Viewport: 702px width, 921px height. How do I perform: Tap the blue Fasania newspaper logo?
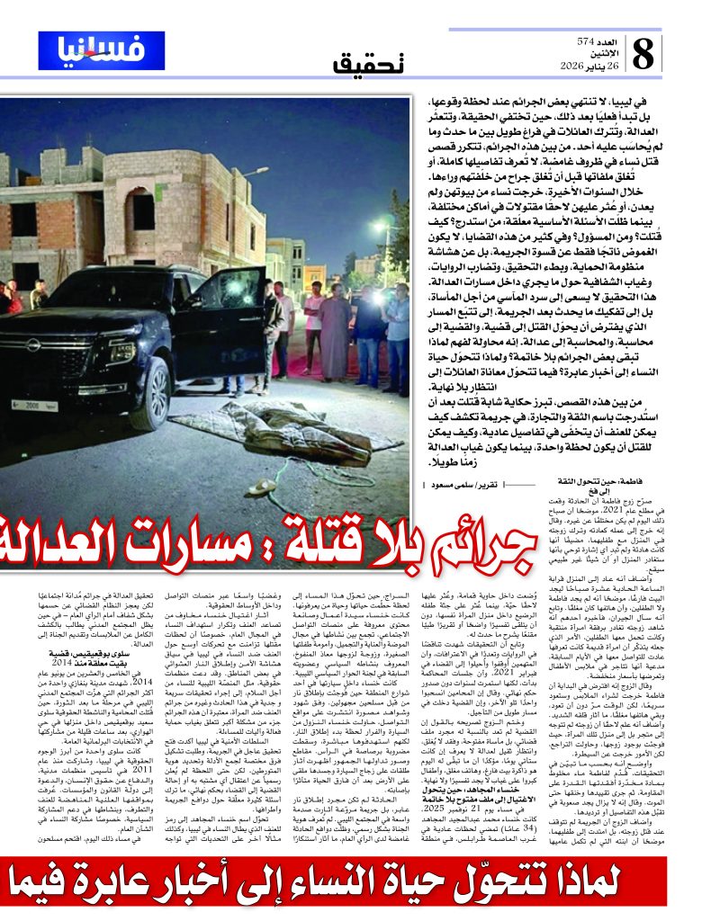[x=102, y=49]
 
